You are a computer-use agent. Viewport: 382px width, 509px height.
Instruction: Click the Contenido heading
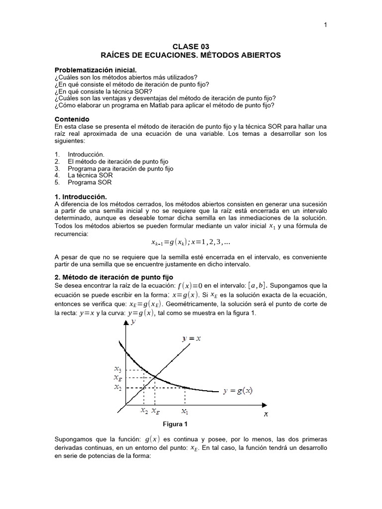72,119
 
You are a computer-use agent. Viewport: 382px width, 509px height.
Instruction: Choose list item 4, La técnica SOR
91,175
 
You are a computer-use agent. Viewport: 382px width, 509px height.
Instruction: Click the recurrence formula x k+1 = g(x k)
191,242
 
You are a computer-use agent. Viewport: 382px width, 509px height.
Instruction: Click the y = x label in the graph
191,339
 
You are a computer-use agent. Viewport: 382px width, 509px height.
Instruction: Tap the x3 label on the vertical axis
117,369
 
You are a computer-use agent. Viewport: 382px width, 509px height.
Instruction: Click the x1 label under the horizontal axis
185,412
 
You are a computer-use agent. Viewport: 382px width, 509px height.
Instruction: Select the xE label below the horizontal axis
156,412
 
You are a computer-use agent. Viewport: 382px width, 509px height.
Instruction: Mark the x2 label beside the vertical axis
117,387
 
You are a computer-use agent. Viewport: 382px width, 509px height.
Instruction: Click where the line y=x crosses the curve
155,378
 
